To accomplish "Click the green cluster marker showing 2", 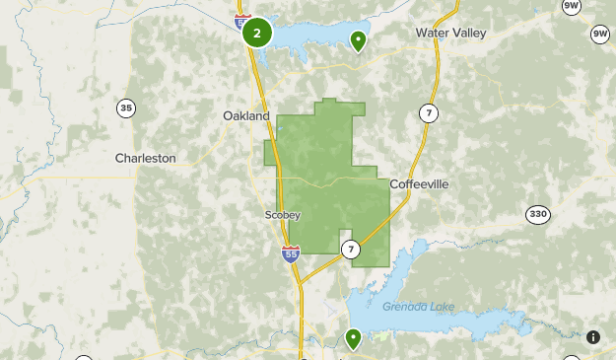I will (257, 34).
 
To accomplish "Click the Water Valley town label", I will (450, 33).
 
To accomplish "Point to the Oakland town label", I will (245, 115).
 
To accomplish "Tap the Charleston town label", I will (145, 158).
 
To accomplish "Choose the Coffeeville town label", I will (420, 184).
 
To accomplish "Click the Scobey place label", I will (282, 214).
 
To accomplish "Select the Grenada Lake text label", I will (419, 306).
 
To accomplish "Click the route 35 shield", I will (125, 108).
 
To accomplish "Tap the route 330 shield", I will (537, 215).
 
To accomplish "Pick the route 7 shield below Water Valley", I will (427, 112).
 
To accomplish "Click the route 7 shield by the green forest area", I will (352, 250).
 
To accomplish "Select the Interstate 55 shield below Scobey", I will (290, 252).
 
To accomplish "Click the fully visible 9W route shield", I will (600, 35).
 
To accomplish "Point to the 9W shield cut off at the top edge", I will (571, 6).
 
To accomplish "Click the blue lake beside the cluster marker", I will (315, 37).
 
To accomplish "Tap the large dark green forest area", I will (325, 187).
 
